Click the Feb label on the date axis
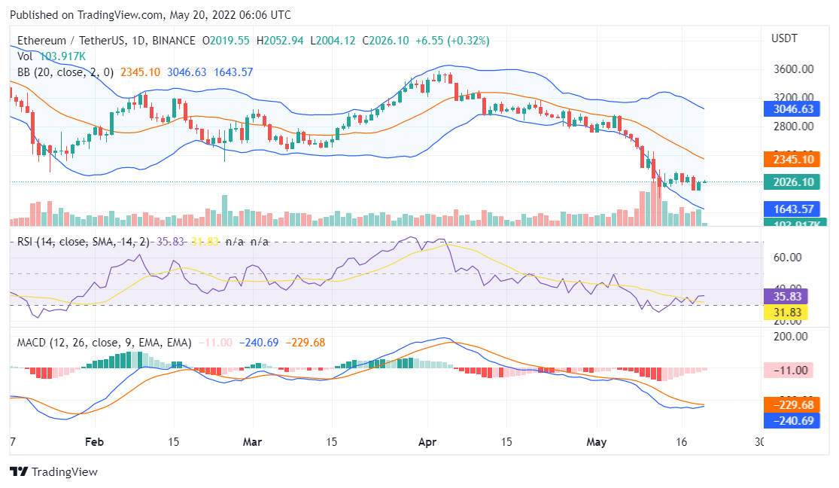[x=94, y=441]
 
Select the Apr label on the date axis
[x=427, y=441]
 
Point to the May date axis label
[x=595, y=441]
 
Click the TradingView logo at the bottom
[x=53, y=472]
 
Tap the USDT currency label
[x=784, y=38]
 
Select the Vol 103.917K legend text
[x=51, y=56]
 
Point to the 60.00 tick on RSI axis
[x=788, y=257]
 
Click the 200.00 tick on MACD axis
[x=790, y=336]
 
